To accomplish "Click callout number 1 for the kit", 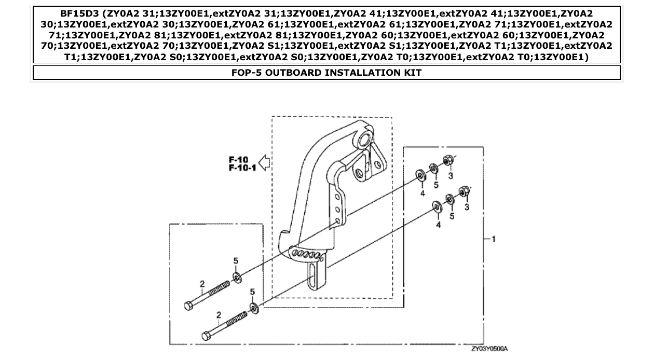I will [x=494, y=239].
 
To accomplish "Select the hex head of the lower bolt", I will [x=206, y=336].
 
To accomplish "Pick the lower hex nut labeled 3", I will [x=465, y=192].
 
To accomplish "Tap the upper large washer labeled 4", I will [x=420, y=175].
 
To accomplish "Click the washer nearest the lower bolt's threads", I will [x=254, y=308].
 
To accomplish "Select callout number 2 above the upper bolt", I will [x=202, y=284].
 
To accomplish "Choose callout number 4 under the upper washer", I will [x=423, y=193].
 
